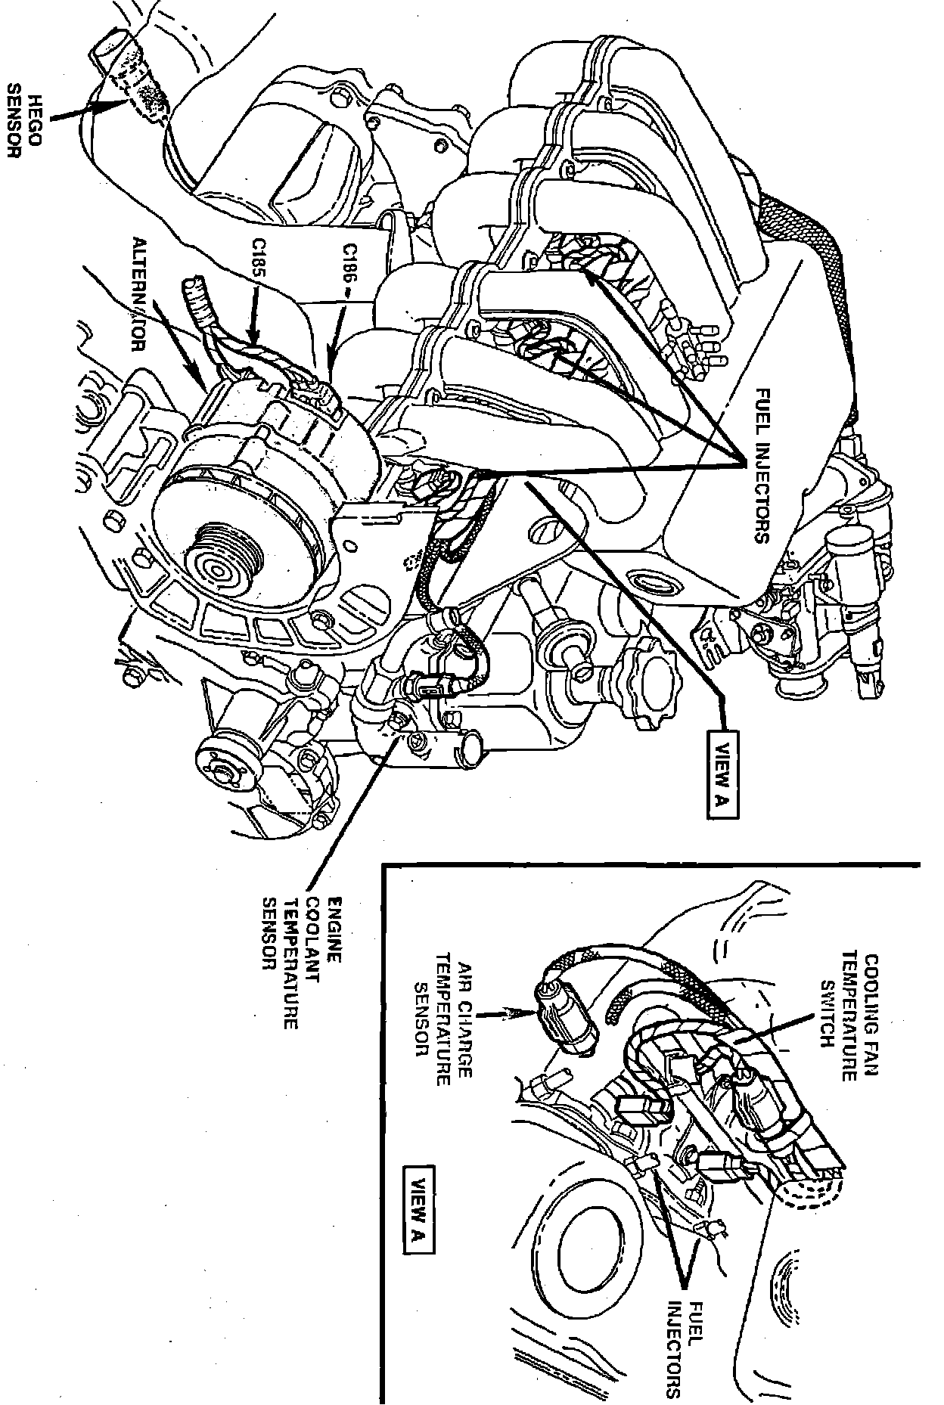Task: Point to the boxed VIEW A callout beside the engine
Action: pos(722,774)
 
